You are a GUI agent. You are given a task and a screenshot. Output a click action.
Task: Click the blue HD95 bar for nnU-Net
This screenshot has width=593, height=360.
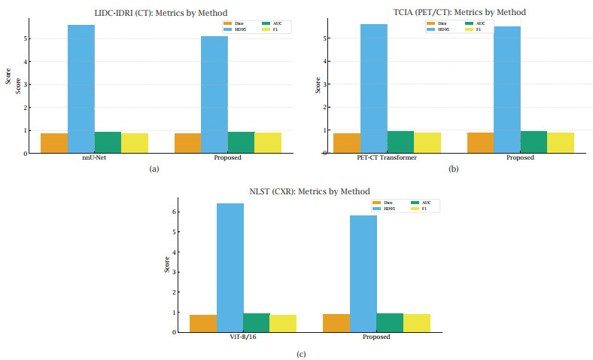81,89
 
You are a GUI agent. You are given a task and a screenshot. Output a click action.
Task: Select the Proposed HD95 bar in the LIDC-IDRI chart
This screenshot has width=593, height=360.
214,94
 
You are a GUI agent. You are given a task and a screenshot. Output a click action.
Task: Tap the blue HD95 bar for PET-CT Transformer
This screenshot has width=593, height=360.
373,89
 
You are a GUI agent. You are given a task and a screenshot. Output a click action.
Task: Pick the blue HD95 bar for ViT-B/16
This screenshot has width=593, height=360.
230,267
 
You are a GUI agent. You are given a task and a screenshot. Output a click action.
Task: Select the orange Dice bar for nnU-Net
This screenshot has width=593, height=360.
53,143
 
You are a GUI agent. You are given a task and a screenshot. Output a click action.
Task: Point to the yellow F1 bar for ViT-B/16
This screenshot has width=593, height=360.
283,323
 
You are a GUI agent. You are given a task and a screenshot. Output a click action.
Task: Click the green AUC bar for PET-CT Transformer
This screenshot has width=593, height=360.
400,142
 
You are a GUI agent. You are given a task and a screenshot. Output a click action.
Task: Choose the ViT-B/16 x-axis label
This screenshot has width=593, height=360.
243,337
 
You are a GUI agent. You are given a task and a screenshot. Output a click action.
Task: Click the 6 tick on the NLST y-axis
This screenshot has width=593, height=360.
174,212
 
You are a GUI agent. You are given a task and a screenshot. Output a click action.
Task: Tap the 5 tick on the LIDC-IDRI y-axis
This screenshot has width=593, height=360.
25,38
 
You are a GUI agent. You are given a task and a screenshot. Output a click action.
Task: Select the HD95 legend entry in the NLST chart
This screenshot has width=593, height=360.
387,209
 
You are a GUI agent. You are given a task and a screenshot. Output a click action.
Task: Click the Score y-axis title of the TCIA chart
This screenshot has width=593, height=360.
318,84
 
